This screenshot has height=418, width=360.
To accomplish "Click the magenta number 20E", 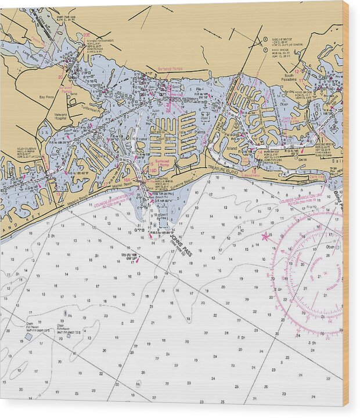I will click(x=87, y=35).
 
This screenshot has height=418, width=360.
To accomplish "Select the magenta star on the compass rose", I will click(x=266, y=236).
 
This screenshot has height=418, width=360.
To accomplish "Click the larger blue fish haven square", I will click(x=28, y=337).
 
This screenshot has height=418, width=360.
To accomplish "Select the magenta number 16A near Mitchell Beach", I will click(x=127, y=181).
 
